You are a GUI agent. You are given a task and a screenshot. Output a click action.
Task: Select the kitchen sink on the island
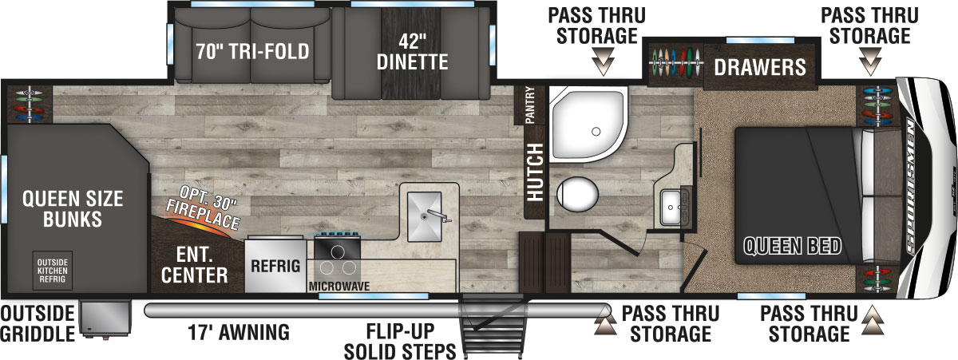click(428, 213)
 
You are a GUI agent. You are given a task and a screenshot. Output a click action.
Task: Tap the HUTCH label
click(534, 171)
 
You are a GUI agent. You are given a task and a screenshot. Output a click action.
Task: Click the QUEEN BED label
click(792, 246)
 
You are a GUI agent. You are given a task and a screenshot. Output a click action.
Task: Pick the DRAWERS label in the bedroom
click(759, 66)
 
